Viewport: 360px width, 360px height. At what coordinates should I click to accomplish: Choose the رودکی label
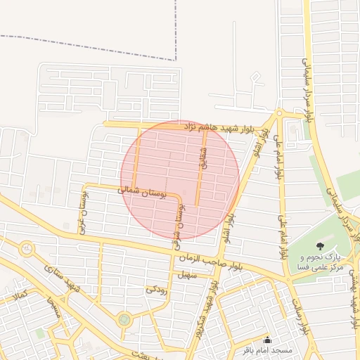pos(156,289)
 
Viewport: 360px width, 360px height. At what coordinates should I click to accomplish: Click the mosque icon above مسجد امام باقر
pos(266,340)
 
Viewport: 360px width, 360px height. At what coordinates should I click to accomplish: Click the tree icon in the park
pos(321,246)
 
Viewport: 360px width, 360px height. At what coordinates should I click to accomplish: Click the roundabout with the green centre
pos(124,320)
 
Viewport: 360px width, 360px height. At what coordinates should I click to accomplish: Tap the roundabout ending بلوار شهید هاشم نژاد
pos(279,112)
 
